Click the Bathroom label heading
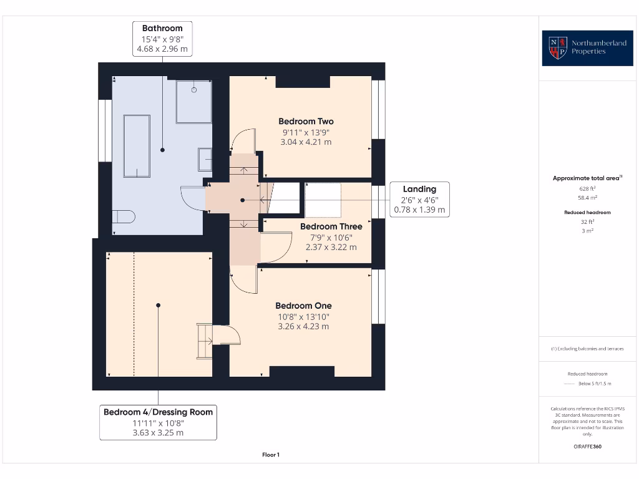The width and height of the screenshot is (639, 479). point(162,28)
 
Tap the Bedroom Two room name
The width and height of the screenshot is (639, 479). point(306,122)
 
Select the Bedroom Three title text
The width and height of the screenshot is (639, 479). point(331,226)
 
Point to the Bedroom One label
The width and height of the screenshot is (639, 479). point(304,306)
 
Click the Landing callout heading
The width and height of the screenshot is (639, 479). point(420,189)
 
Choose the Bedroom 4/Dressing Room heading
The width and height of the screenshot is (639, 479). point(158,412)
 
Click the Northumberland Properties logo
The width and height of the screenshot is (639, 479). point(587,48)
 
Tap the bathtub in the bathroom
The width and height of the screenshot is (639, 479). point(137,146)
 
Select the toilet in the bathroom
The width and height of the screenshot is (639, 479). point(124,216)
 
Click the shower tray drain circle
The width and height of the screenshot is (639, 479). point(194,90)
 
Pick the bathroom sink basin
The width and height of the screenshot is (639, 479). point(205,159)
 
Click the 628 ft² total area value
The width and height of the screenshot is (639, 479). point(587,188)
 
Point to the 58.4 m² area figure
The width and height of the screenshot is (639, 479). point(587,198)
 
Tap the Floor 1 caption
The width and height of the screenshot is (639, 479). point(271,455)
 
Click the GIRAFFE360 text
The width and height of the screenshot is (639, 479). point(587,447)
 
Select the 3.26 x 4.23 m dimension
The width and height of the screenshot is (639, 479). point(304,326)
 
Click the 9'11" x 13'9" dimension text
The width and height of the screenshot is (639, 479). point(306,132)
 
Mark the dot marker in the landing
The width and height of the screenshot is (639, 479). point(243,200)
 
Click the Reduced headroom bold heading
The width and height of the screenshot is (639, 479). point(587,212)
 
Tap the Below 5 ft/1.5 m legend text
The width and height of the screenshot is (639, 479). point(595,384)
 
